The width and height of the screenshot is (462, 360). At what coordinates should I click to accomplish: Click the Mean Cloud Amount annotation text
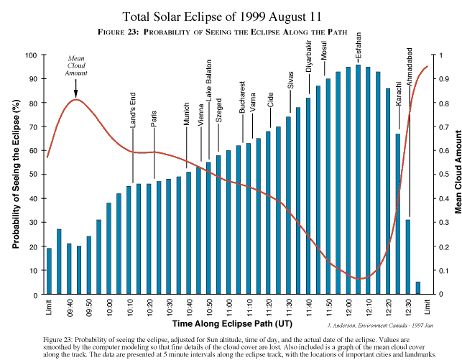(x=77, y=66)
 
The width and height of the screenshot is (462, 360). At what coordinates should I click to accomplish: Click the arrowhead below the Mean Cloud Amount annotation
(x=76, y=93)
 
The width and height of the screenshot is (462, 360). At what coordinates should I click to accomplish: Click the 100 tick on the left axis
(x=32, y=55)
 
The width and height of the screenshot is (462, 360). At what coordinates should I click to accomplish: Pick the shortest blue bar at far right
(x=417, y=288)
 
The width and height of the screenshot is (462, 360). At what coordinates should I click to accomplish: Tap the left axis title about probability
(x=15, y=175)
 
